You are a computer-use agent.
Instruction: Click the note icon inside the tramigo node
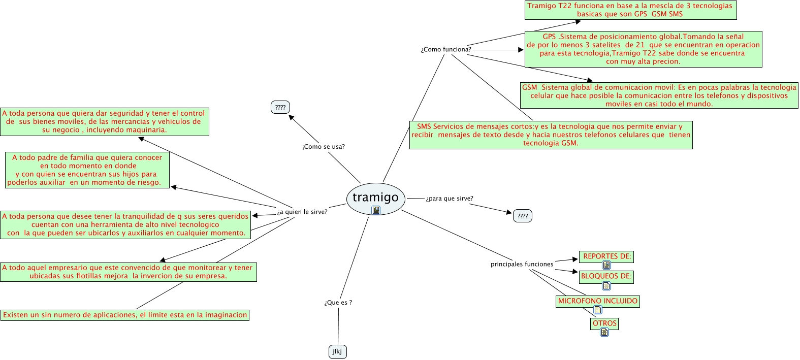(376, 210)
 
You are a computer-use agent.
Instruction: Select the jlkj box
(337, 351)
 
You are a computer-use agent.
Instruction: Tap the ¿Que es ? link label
(338, 303)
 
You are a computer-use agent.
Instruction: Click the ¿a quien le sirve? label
(302, 212)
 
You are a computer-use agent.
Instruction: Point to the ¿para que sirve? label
(450, 199)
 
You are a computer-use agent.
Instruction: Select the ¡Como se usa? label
(324, 147)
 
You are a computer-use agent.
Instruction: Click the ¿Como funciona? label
(445, 49)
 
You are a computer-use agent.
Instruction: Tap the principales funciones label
(522, 264)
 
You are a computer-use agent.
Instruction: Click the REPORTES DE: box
(606, 256)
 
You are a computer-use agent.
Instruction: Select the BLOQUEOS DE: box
(606, 276)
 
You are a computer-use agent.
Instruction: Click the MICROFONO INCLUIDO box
(598, 301)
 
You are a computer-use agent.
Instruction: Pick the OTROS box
(604, 323)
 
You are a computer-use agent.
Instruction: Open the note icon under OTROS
(604, 332)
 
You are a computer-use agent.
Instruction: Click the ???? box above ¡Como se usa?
(280, 107)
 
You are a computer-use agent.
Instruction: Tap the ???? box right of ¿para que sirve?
(523, 216)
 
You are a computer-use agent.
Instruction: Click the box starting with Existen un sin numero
(125, 315)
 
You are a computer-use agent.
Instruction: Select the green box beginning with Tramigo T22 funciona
(630, 10)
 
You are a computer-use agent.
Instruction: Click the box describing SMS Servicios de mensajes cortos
(551, 135)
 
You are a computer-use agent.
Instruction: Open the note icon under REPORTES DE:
(606, 265)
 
